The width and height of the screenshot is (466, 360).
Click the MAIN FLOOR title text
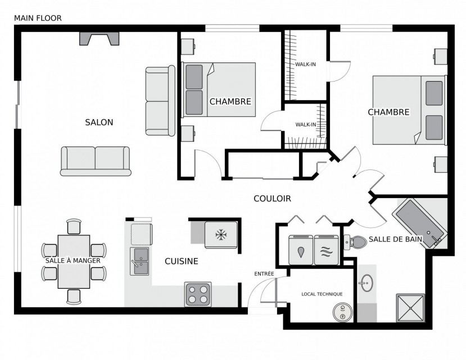pos(38,18)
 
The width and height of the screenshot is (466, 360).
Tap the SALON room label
pos(99,122)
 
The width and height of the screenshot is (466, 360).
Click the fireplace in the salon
pos(99,39)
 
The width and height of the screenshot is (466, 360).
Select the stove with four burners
pos(198,294)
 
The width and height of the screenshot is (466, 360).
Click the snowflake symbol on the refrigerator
pos(221,235)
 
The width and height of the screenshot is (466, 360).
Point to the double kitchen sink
pos(139,262)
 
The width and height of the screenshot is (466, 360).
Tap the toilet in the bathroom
pos(355,242)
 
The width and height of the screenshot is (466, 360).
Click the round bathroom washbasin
pos(367,283)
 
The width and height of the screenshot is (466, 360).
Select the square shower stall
pos(410,308)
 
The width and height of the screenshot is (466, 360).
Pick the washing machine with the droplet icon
pos(301,250)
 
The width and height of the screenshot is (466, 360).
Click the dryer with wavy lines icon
pos(327,250)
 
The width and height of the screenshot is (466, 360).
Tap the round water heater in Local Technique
pos(343,312)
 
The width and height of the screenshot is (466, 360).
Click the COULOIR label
pos(272,199)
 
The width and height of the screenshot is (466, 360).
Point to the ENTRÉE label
pos(264,274)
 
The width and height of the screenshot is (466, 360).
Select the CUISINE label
pos(182,261)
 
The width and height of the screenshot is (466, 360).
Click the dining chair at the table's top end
pos(74,227)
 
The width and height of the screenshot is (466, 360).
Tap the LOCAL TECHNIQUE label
pos(322,294)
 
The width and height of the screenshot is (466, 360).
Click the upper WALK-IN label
pos(305,64)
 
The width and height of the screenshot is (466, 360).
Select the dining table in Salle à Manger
pos(74,262)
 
